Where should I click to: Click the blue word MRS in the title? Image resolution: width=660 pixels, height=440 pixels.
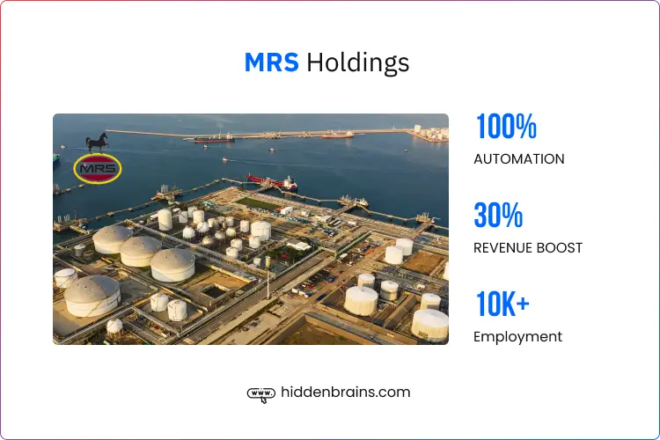272,62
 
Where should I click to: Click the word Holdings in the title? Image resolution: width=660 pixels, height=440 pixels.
358,63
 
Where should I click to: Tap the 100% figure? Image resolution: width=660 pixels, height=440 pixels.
505,128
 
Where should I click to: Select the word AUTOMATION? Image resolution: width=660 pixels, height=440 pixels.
519,159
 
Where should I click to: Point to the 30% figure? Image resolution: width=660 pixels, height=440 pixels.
498,216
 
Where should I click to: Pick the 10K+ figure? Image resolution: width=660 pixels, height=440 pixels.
502,304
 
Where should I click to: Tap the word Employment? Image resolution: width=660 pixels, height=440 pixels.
517,336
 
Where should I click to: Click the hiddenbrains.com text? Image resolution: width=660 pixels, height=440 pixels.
345,392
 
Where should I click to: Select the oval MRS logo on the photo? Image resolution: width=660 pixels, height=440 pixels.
98,168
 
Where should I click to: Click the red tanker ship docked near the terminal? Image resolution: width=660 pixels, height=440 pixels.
273,182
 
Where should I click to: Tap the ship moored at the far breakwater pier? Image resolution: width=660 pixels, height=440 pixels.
214,137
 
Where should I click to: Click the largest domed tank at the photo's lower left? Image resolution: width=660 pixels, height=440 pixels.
92,296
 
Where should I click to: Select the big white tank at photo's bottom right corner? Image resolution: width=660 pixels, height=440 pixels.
430,324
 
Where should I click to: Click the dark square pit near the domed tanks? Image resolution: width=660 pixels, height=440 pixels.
214,290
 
